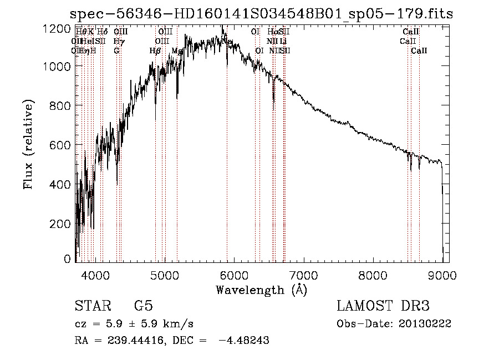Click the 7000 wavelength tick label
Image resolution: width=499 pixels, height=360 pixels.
303,274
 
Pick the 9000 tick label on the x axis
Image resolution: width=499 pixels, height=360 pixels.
442,274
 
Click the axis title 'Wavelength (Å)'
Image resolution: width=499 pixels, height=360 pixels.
261,290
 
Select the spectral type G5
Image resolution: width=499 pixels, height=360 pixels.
143,306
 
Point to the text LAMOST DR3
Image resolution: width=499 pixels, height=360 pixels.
383,306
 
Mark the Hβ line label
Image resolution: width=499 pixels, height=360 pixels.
155,51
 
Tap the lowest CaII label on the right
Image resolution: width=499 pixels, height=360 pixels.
419,51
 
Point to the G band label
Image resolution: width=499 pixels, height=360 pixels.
116,51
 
